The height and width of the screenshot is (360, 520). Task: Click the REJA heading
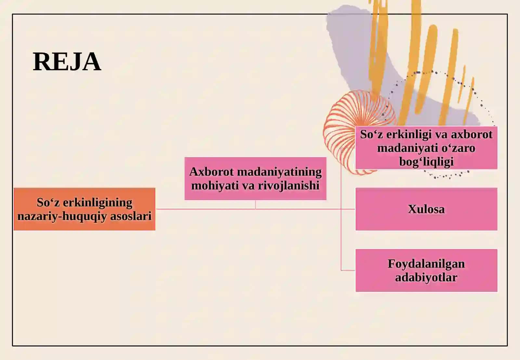(67, 61)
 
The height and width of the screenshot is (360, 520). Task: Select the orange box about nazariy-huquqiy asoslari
(84, 209)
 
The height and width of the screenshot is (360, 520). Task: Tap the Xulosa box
(426, 209)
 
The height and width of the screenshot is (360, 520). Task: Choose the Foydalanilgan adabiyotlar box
(426, 270)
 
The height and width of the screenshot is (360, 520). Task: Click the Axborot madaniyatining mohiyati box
(255, 179)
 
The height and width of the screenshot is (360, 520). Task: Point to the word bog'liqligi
(426, 161)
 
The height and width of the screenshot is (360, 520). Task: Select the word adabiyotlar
(426, 277)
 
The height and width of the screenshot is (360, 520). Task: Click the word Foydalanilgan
(426, 264)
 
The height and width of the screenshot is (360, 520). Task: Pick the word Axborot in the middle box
(212, 172)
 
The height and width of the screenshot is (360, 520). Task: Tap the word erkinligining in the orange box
(98, 203)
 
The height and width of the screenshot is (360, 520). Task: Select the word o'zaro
(459, 148)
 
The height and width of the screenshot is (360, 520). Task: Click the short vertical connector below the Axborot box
(255, 205)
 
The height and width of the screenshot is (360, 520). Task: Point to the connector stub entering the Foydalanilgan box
(348, 270)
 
